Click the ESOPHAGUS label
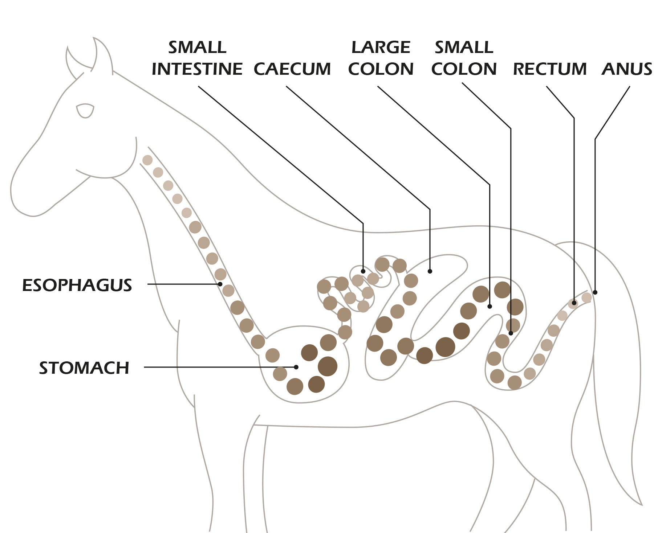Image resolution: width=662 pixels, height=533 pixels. coord(77,285)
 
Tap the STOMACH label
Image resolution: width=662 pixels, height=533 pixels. coord(84,368)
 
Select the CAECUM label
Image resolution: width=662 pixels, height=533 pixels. coord(292,69)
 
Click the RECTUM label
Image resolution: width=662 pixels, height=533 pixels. coord(549,69)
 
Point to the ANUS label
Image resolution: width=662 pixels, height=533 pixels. coord(627,69)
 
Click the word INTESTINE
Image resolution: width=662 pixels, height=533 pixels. coord(197,69)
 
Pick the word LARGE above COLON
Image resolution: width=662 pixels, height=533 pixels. coord(381,47)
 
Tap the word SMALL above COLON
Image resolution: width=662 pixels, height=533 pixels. coord(464,47)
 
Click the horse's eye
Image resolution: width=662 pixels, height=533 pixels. coord(85,110)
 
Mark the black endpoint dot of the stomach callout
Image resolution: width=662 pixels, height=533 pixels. coord(296,367)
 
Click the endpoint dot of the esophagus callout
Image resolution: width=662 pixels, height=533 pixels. coord(220,284)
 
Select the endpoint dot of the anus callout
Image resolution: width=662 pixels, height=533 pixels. coord(595,292)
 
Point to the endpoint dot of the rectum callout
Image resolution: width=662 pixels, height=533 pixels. coord(574,303)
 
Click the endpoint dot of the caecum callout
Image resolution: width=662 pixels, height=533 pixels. coord(430,271)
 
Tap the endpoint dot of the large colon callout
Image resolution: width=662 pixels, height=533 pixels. coord(490,307)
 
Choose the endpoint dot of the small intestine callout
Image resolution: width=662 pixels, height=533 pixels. coord(363,271)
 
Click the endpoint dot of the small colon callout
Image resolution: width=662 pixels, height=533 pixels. coord(511,333)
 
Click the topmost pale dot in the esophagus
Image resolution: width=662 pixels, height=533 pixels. coord(147,160)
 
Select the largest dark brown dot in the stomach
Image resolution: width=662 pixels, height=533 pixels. coord(327,366)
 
